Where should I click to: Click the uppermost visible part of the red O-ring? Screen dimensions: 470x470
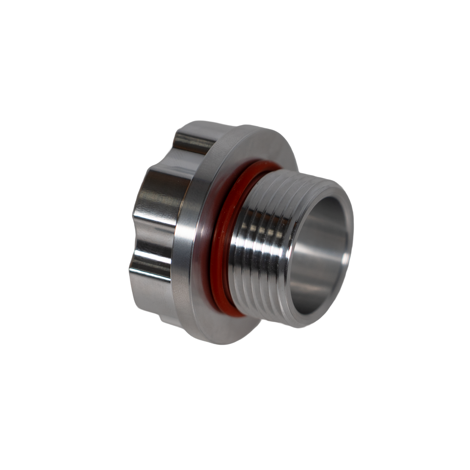(266, 164)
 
